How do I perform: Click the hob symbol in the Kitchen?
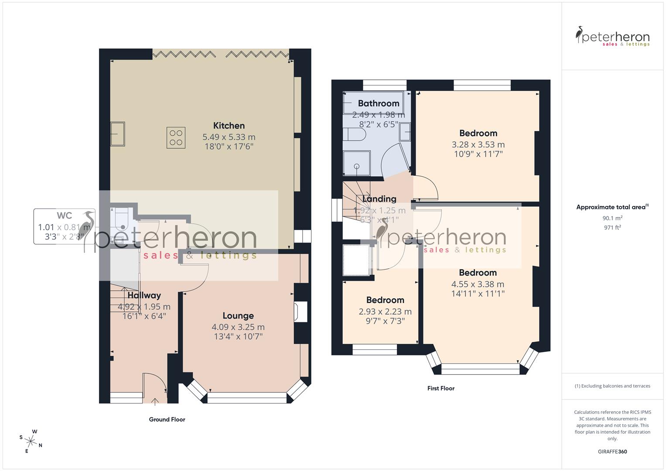[176, 138]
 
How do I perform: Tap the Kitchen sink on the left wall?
[117, 133]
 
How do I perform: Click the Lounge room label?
[238, 316]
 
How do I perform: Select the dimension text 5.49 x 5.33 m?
[229, 137]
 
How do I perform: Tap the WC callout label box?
[64, 227]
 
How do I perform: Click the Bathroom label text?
[379, 103]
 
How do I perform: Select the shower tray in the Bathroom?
[357, 163]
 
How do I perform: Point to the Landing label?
[379, 199]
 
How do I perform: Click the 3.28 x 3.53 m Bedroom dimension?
[478, 144]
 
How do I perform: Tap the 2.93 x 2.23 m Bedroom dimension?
[385, 311]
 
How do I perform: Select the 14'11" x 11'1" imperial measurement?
[478, 294]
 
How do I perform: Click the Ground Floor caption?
[167, 420]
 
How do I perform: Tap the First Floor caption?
[441, 388]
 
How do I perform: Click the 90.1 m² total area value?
[612, 218]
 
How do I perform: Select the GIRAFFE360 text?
[612, 451]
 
